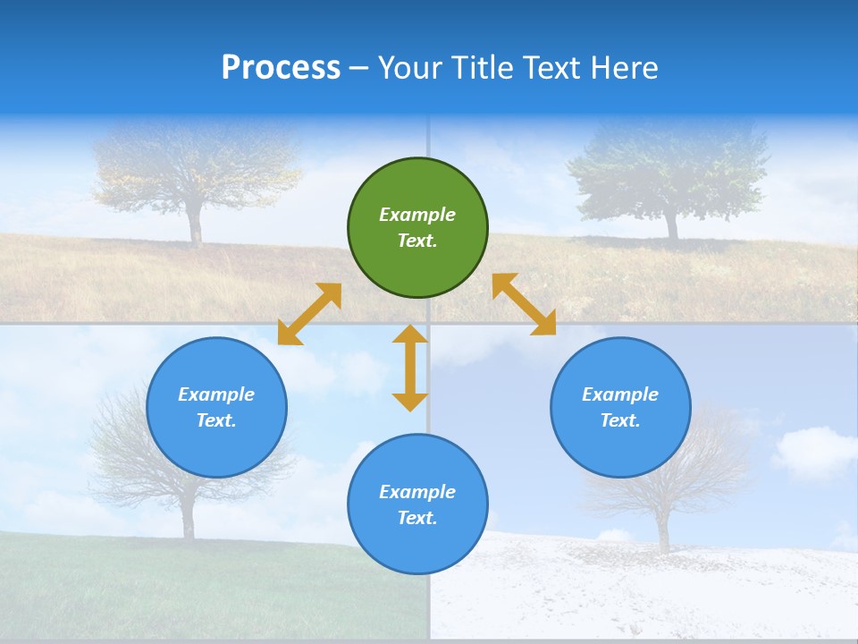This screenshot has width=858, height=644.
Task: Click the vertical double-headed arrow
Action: (410, 368)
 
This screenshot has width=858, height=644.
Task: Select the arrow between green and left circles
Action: (309, 314)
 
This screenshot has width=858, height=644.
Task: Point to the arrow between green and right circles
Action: (524, 304)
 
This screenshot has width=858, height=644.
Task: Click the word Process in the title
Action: (281, 68)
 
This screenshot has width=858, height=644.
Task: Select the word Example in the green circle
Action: (417, 215)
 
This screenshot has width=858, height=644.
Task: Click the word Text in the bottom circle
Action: (416, 518)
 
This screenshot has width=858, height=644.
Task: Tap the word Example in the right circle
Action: (620, 394)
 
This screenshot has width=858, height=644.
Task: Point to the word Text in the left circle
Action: (215, 420)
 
